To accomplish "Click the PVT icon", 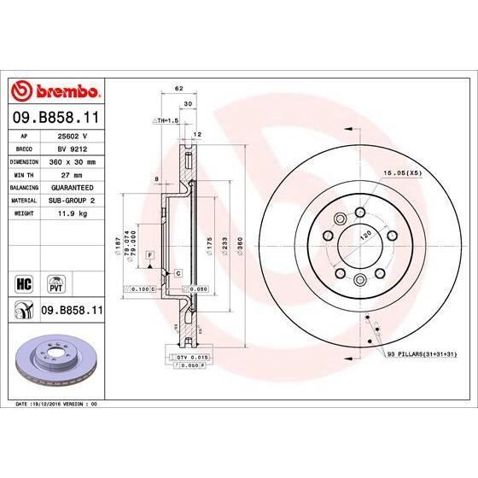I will click(x=55, y=283).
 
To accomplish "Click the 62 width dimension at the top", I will click(x=178, y=89).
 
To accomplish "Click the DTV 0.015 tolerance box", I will click(x=193, y=355).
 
